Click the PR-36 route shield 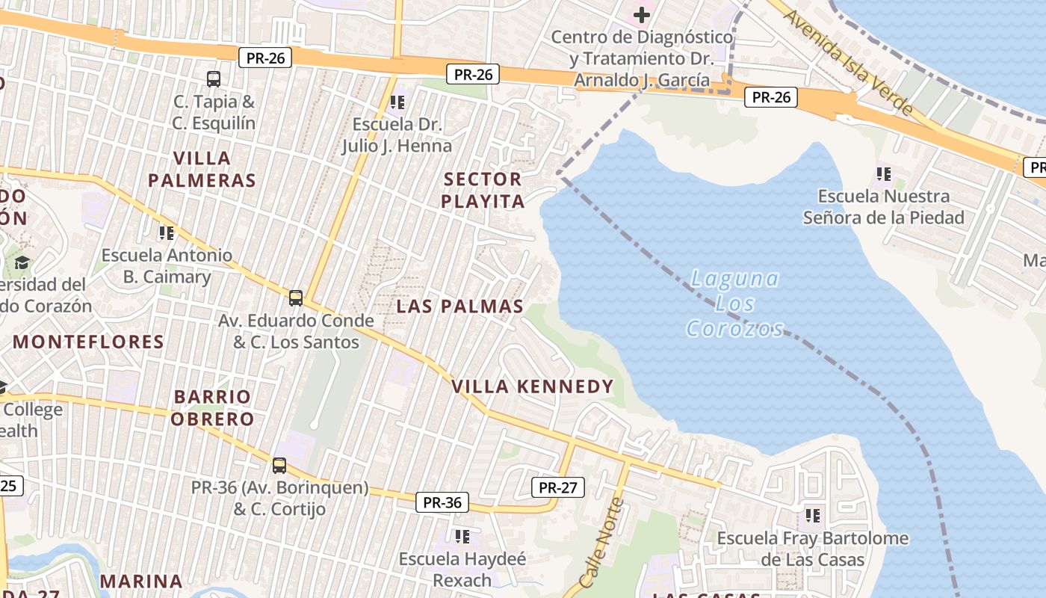click(442, 502)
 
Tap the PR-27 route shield click(557, 487)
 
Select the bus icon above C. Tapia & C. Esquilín click(214, 78)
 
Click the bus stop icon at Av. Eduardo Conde click(296, 298)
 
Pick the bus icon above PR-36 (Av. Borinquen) click(279, 465)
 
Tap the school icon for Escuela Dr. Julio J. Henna click(397, 101)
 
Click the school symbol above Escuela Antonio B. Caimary click(167, 232)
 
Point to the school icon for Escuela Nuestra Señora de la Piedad click(884, 174)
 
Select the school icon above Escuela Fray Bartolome click(813, 515)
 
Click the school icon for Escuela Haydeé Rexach click(462, 536)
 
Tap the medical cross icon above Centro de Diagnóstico click(641, 14)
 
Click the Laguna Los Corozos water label click(734, 303)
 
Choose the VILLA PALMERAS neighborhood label click(202, 169)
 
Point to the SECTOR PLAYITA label click(483, 190)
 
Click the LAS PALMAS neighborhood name click(460, 306)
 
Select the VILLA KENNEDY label click(533, 386)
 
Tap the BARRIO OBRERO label click(213, 407)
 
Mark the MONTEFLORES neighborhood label click(88, 342)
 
